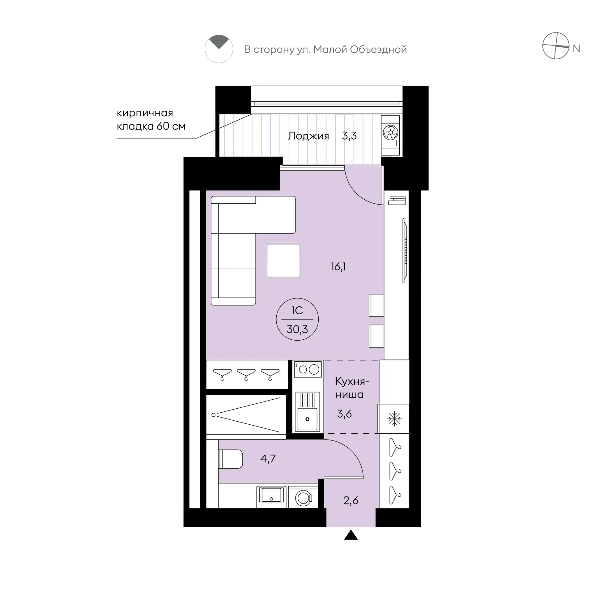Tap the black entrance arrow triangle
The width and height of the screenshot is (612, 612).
click(x=351, y=535)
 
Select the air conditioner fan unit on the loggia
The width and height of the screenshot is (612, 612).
click(x=390, y=135)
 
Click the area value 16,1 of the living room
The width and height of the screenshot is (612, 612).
click(x=338, y=267)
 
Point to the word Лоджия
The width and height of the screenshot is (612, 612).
click(x=308, y=136)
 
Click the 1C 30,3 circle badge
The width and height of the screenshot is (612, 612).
click(x=297, y=320)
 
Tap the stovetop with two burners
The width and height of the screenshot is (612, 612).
click(x=308, y=369)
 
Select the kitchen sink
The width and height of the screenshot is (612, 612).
click(x=307, y=412)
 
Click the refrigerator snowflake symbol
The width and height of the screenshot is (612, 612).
click(x=394, y=419)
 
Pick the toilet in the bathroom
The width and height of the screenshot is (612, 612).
click(x=231, y=459)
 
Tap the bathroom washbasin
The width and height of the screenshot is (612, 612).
click(x=271, y=495)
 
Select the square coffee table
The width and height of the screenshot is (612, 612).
click(x=283, y=260)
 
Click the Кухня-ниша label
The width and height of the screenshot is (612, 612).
click(x=352, y=388)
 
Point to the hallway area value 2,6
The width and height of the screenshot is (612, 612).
click(x=351, y=500)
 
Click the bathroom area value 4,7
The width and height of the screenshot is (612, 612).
click(x=268, y=458)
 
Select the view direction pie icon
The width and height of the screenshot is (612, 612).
click(x=219, y=49)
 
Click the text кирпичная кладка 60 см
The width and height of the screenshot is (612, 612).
click(x=151, y=119)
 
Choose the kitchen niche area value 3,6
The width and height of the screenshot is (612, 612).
click(x=344, y=414)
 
